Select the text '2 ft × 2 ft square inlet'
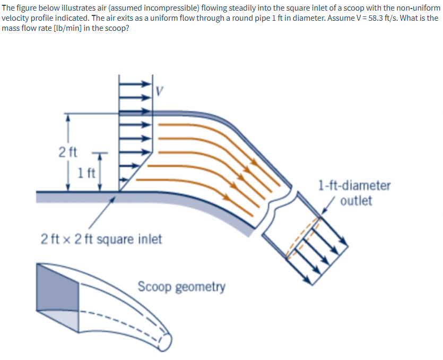pyautogui.click(x=101, y=239)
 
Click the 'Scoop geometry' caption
pyautogui.click(x=181, y=287)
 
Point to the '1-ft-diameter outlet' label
pyautogui.click(x=354, y=193)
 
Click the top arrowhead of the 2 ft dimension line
pyautogui.click(x=67, y=118)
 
